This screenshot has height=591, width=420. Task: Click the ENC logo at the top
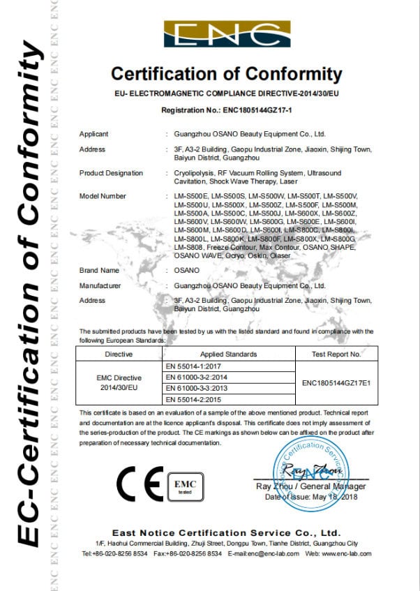(x=227, y=34)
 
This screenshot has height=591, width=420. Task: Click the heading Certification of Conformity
(x=227, y=74)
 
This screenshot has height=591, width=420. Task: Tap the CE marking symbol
(x=139, y=481)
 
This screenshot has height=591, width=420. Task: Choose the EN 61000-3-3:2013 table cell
(x=202, y=389)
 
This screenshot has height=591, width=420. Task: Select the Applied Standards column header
(x=228, y=354)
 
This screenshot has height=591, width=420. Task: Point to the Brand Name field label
(x=100, y=269)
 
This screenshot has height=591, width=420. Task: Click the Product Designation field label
(x=111, y=173)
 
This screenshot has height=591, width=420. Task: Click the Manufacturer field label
(x=101, y=285)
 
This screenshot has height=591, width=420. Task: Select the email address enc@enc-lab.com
(x=275, y=553)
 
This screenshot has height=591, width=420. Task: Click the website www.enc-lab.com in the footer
(x=346, y=553)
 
